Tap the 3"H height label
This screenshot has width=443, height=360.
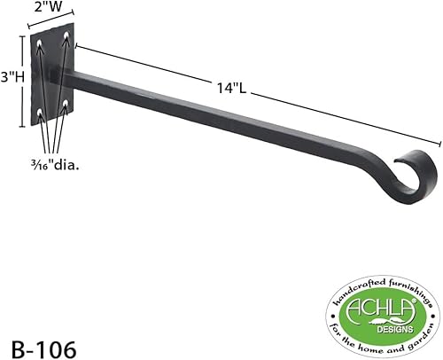click(x=12, y=77)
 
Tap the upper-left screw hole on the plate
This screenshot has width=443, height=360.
click(x=42, y=43)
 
